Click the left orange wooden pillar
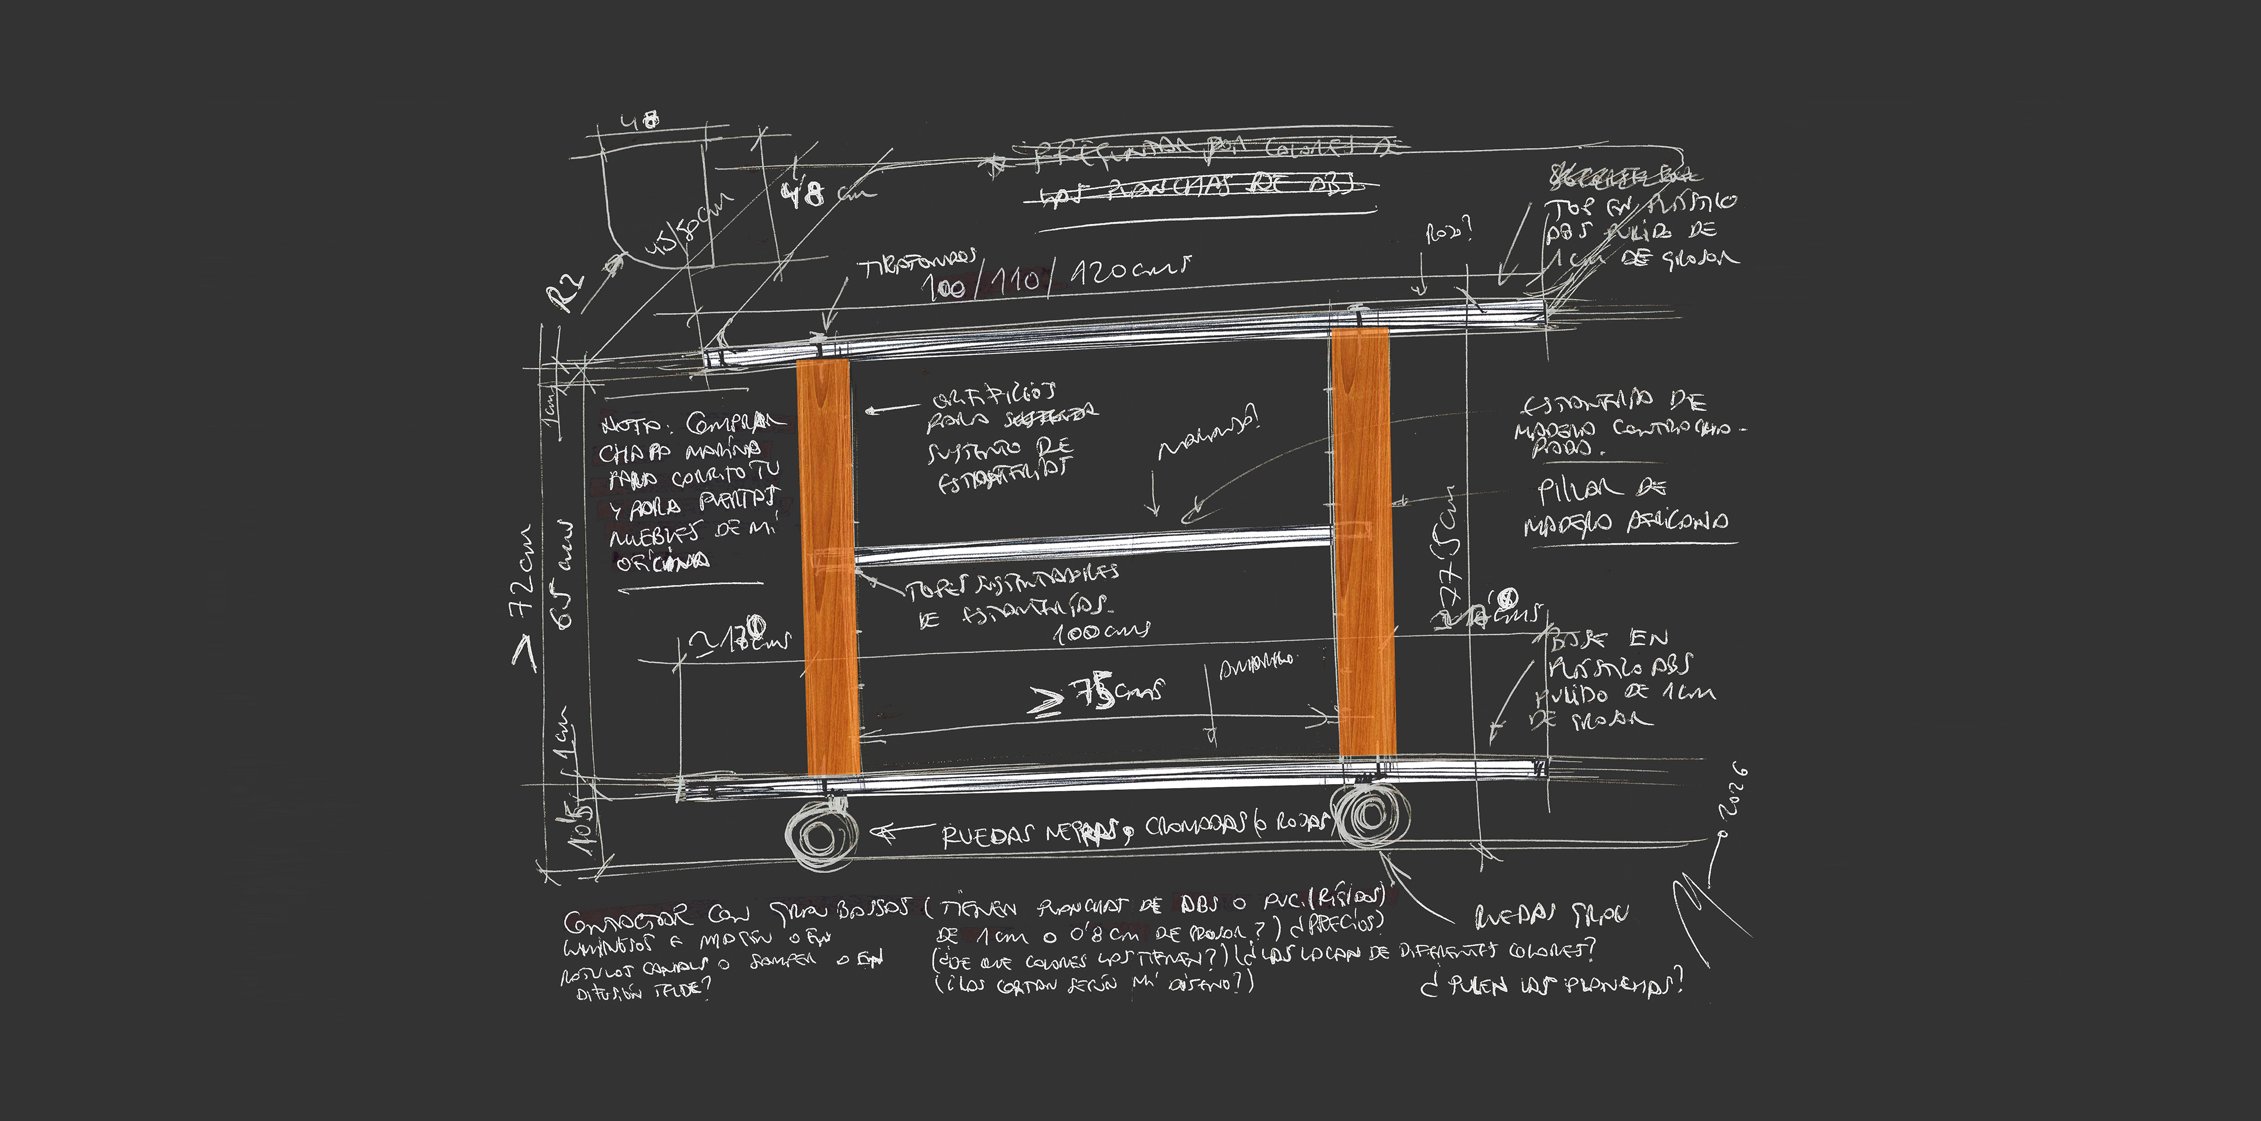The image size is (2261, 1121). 828,566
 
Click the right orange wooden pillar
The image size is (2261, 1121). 1363,540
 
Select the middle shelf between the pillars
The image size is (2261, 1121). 1093,545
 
